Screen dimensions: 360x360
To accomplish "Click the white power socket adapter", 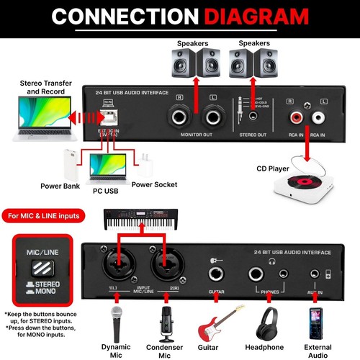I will (147, 164).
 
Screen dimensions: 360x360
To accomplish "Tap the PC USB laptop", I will (108, 169).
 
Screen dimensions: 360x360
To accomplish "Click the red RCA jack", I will (296, 115).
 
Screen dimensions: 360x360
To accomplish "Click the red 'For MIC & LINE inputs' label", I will (45, 215).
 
